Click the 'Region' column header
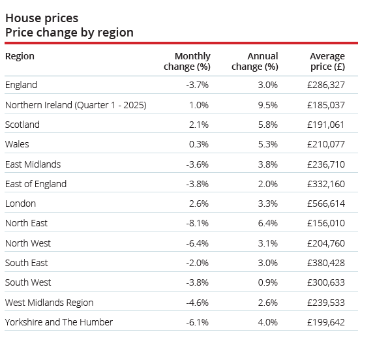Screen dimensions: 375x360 pyautogui.click(x=20, y=57)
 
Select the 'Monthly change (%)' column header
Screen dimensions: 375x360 pyautogui.click(x=187, y=61)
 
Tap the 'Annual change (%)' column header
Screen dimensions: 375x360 pyautogui.click(x=255, y=61)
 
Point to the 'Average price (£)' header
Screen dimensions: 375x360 pyautogui.click(x=327, y=61)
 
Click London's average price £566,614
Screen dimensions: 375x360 pyautogui.click(x=326, y=203)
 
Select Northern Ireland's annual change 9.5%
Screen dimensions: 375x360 pyautogui.click(x=268, y=105)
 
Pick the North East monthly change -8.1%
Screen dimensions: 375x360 pyautogui.click(x=198, y=223)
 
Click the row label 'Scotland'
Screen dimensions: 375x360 pyautogui.click(x=22, y=125)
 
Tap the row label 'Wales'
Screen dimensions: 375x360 pyautogui.click(x=17, y=144)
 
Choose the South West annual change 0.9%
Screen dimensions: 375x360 pyautogui.click(x=268, y=282)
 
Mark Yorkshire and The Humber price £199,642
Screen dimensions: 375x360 pyautogui.click(x=326, y=322)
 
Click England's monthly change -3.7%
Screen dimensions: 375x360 pyautogui.click(x=198, y=85)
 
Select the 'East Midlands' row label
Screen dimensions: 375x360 pyautogui.click(x=33, y=164)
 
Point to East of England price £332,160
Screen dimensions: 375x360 pyautogui.click(x=326, y=184)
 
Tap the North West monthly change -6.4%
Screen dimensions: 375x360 pyautogui.click(x=198, y=243)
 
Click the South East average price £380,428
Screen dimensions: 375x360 pyautogui.click(x=326, y=263)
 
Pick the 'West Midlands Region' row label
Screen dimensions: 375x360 pyautogui.click(x=50, y=303)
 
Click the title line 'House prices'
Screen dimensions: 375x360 pyautogui.click(x=42, y=18)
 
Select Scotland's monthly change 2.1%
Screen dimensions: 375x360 pyautogui.click(x=199, y=125)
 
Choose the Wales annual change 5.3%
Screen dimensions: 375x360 pyautogui.click(x=268, y=144)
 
